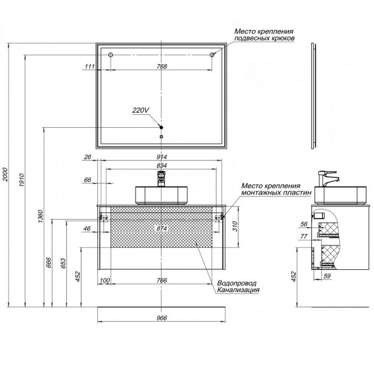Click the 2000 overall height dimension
[x=5, y=175]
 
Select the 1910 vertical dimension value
[x=22, y=180]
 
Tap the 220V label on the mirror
[x=141, y=110]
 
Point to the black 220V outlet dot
[x=161, y=127]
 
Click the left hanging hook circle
[x=111, y=55]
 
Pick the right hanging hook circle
[x=212, y=55]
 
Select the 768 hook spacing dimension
[x=162, y=66]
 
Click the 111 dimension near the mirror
[x=90, y=66]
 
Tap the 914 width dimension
[x=162, y=157]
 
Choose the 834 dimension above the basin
[x=162, y=166]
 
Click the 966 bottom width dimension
[x=162, y=318]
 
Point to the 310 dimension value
[x=235, y=227]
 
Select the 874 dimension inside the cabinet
[x=162, y=228]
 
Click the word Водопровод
[x=237, y=283]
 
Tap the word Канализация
[x=238, y=290]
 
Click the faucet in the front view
[x=161, y=178]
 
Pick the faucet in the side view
[x=329, y=178]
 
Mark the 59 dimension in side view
[x=327, y=276]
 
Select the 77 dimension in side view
[x=303, y=236]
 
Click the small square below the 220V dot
[x=161, y=137]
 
